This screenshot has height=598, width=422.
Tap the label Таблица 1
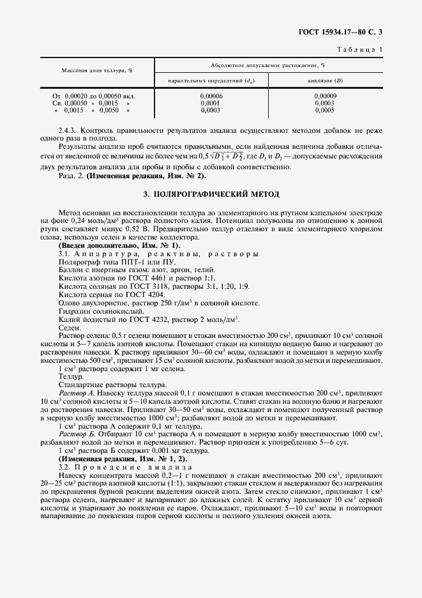361,49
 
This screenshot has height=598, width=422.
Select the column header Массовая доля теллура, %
96,71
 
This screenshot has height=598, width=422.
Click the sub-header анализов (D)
324,80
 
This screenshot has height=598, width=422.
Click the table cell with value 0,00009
324,95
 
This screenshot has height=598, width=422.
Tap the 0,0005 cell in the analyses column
324,110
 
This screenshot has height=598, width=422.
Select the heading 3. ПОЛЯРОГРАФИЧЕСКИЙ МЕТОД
211,193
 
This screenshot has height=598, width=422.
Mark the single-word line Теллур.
71,377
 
